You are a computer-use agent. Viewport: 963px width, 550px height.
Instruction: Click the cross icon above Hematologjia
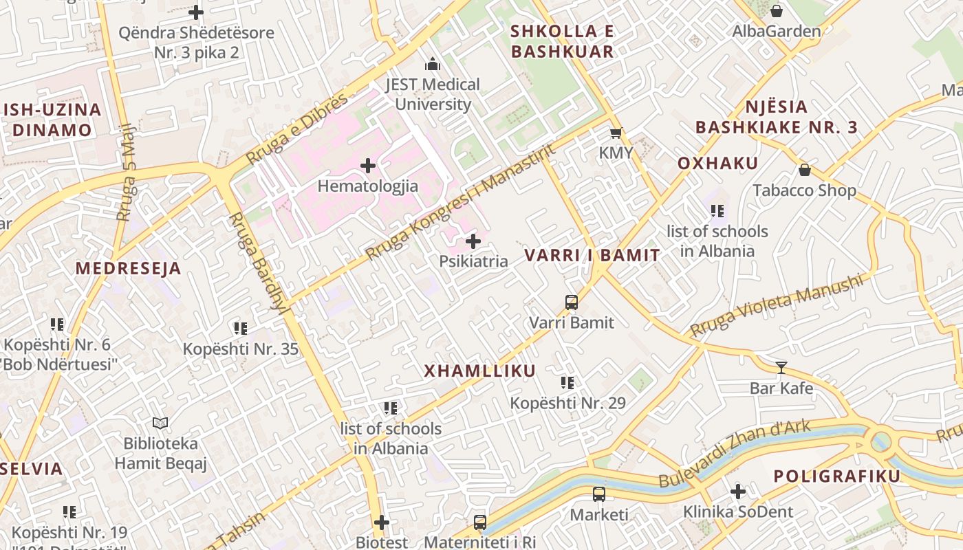[x=368, y=166]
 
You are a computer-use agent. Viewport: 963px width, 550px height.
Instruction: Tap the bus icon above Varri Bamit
[x=571, y=302]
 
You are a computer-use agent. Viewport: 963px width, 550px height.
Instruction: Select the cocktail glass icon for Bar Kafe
[x=781, y=368]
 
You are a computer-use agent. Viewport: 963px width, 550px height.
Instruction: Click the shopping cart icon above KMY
[x=616, y=133]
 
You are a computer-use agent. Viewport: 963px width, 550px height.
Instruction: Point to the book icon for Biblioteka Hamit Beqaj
[x=160, y=423]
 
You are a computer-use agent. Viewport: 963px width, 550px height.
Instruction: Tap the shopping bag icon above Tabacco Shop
[x=804, y=170]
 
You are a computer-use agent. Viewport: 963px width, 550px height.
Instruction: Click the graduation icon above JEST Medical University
[x=433, y=65]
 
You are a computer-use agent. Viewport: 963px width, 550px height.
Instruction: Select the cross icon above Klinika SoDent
[x=737, y=492]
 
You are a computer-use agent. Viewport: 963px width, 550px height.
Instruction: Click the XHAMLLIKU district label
[x=479, y=371]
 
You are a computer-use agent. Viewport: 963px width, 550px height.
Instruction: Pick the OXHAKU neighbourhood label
[x=717, y=164]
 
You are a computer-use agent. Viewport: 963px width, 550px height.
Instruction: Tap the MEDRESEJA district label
[x=128, y=269]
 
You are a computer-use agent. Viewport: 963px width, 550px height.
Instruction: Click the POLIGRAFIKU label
[x=836, y=476]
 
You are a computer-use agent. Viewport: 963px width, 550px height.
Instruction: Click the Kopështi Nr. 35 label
[x=240, y=349]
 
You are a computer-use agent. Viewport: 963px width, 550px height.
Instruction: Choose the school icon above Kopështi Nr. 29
[x=567, y=383]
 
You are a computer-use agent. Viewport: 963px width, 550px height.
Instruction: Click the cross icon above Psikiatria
[x=473, y=241]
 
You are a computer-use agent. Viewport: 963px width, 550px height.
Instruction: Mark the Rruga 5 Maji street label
[x=127, y=173]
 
